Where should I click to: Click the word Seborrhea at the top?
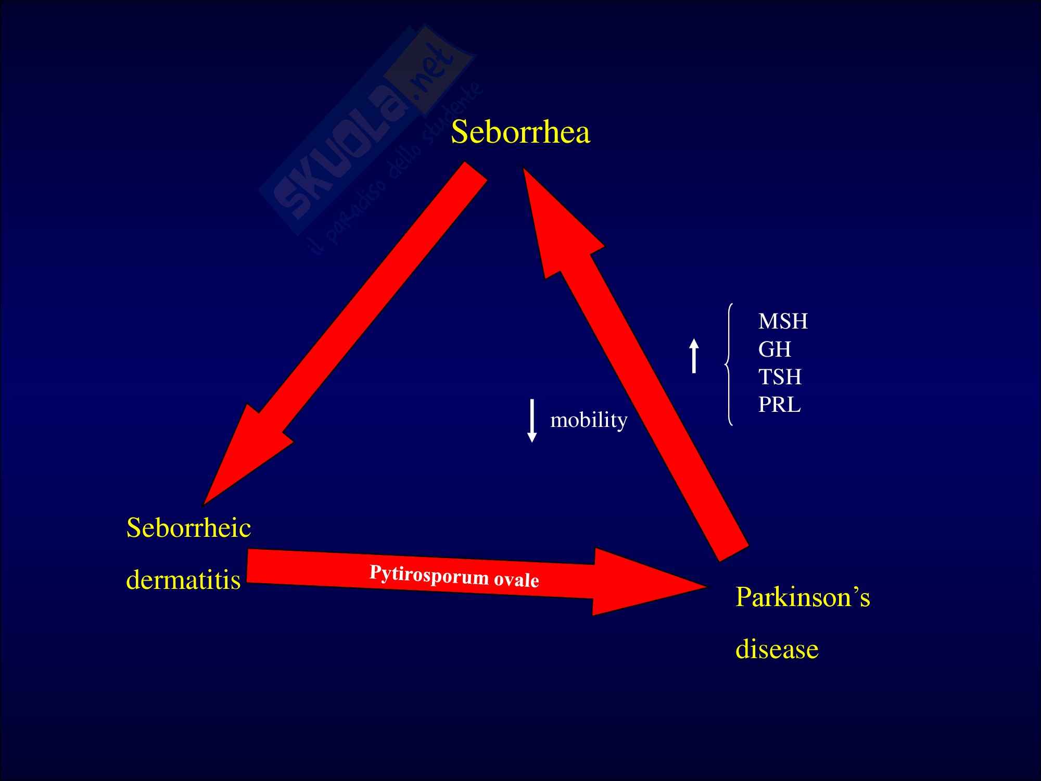[520, 132]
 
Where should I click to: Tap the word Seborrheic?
[188, 528]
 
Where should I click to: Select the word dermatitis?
[183, 579]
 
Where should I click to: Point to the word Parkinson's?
[802, 597]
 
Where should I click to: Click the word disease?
[777, 649]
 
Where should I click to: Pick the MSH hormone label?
[782, 321]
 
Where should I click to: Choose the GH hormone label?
[775, 349]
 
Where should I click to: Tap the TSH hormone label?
[780, 377]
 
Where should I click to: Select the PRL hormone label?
[779, 405]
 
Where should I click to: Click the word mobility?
[589, 420]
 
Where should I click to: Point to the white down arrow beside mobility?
[532, 421]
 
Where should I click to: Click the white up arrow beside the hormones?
[694, 356]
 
